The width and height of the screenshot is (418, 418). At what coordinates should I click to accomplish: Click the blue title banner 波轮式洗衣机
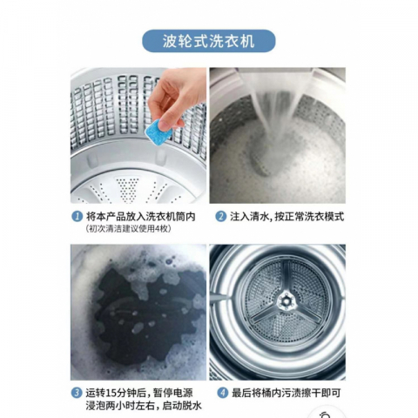coord(208,41)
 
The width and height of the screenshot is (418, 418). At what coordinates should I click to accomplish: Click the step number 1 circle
coord(77,216)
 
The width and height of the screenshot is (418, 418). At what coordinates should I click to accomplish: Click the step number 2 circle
coord(220,216)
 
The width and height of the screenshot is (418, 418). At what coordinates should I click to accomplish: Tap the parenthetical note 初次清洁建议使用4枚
coord(129,230)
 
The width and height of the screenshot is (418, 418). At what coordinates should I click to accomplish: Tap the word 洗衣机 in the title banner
coord(233,41)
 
